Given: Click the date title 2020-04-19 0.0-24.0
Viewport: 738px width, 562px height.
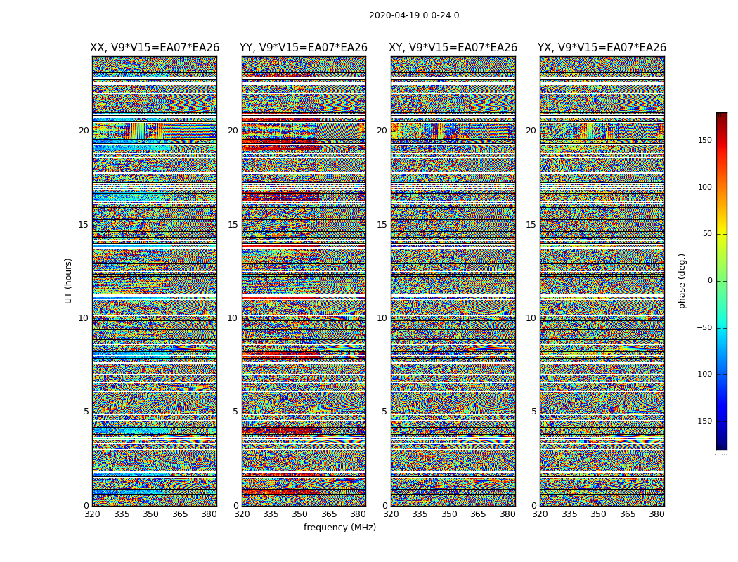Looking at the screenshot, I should (x=414, y=15).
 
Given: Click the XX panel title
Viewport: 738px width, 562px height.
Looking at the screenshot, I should (x=155, y=48).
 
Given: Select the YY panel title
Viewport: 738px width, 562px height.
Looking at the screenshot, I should (x=304, y=48).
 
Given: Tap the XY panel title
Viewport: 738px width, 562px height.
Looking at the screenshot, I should (x=453, y=48).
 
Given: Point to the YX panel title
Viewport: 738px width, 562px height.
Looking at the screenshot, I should (x=602, y=48).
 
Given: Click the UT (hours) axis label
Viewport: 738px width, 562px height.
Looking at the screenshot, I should (x=69, y=280).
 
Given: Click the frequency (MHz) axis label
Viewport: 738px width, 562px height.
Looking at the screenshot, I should (x=339, y=528).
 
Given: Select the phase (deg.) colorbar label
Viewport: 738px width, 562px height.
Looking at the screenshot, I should (x=682, y=280).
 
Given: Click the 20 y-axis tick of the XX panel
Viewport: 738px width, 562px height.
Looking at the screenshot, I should (x=84, y=131).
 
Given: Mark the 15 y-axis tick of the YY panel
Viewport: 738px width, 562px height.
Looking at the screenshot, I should (x=233, y=225).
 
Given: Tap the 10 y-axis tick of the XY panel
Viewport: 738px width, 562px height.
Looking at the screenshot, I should (x=382, y=318).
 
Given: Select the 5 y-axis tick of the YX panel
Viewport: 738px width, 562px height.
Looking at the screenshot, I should (x=533, y=412).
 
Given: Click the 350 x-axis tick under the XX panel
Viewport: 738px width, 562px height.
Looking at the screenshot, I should (x=150, y=514).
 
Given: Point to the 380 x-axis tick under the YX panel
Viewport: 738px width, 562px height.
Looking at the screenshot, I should (x=656, y=514).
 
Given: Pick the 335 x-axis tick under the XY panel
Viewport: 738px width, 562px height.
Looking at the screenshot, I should (x=420, y=514).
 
